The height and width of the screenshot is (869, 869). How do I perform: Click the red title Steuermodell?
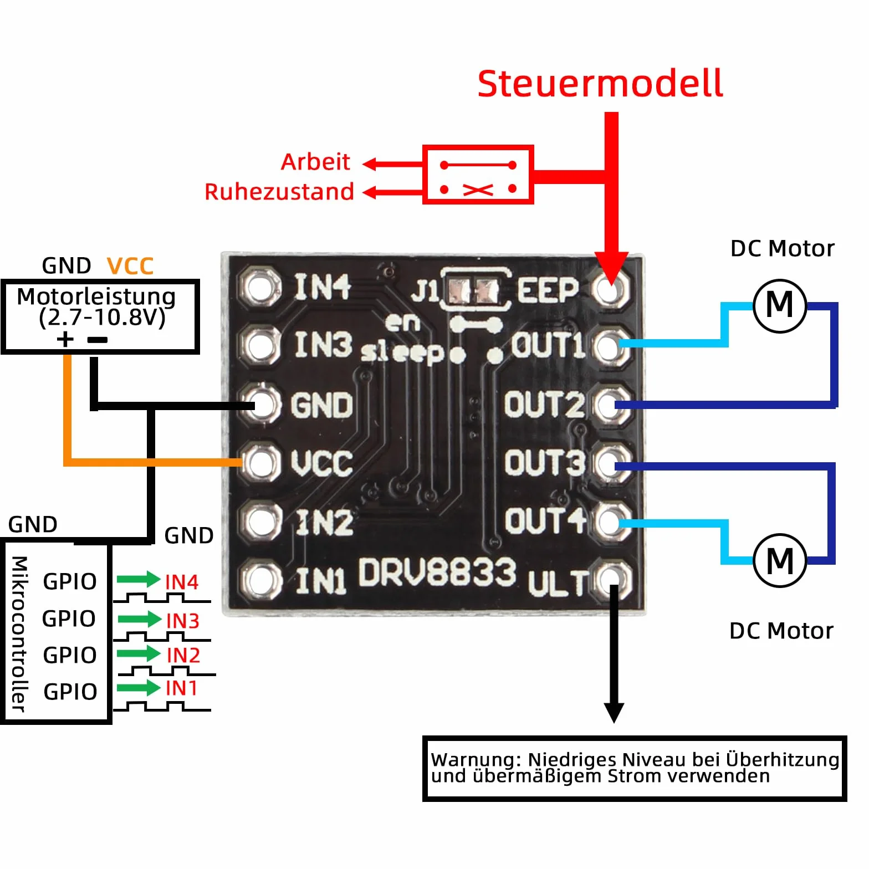tap(600, 84)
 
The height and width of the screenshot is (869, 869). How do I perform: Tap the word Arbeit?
tap(315, 162)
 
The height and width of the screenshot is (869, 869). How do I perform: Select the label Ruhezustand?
tap(279, 192)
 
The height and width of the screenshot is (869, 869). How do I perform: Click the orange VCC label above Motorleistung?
tap(130, 266)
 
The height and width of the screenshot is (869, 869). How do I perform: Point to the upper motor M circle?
tap(780, 305)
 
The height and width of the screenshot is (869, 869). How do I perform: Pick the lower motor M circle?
tap(780, 560)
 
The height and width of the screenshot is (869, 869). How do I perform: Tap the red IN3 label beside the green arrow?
tap(183, 621)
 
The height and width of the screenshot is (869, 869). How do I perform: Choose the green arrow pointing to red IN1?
tap(139, 688)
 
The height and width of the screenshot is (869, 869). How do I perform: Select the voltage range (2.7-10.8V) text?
tap(102, 318)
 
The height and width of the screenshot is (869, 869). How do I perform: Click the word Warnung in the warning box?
tap(477, 759)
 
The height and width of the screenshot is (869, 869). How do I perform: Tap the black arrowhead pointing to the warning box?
tap(614, 713)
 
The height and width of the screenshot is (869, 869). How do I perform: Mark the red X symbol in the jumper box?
tap(478, 190)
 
